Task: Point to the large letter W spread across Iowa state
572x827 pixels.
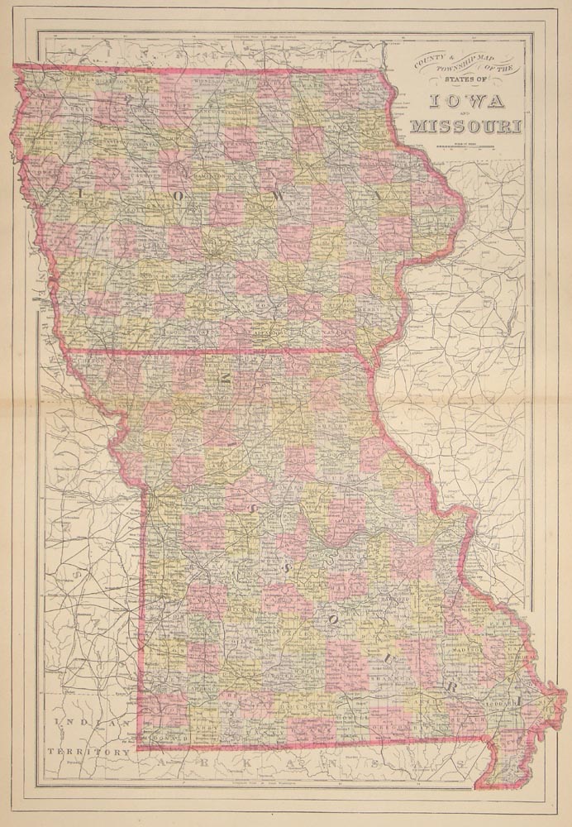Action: point(282,196)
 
